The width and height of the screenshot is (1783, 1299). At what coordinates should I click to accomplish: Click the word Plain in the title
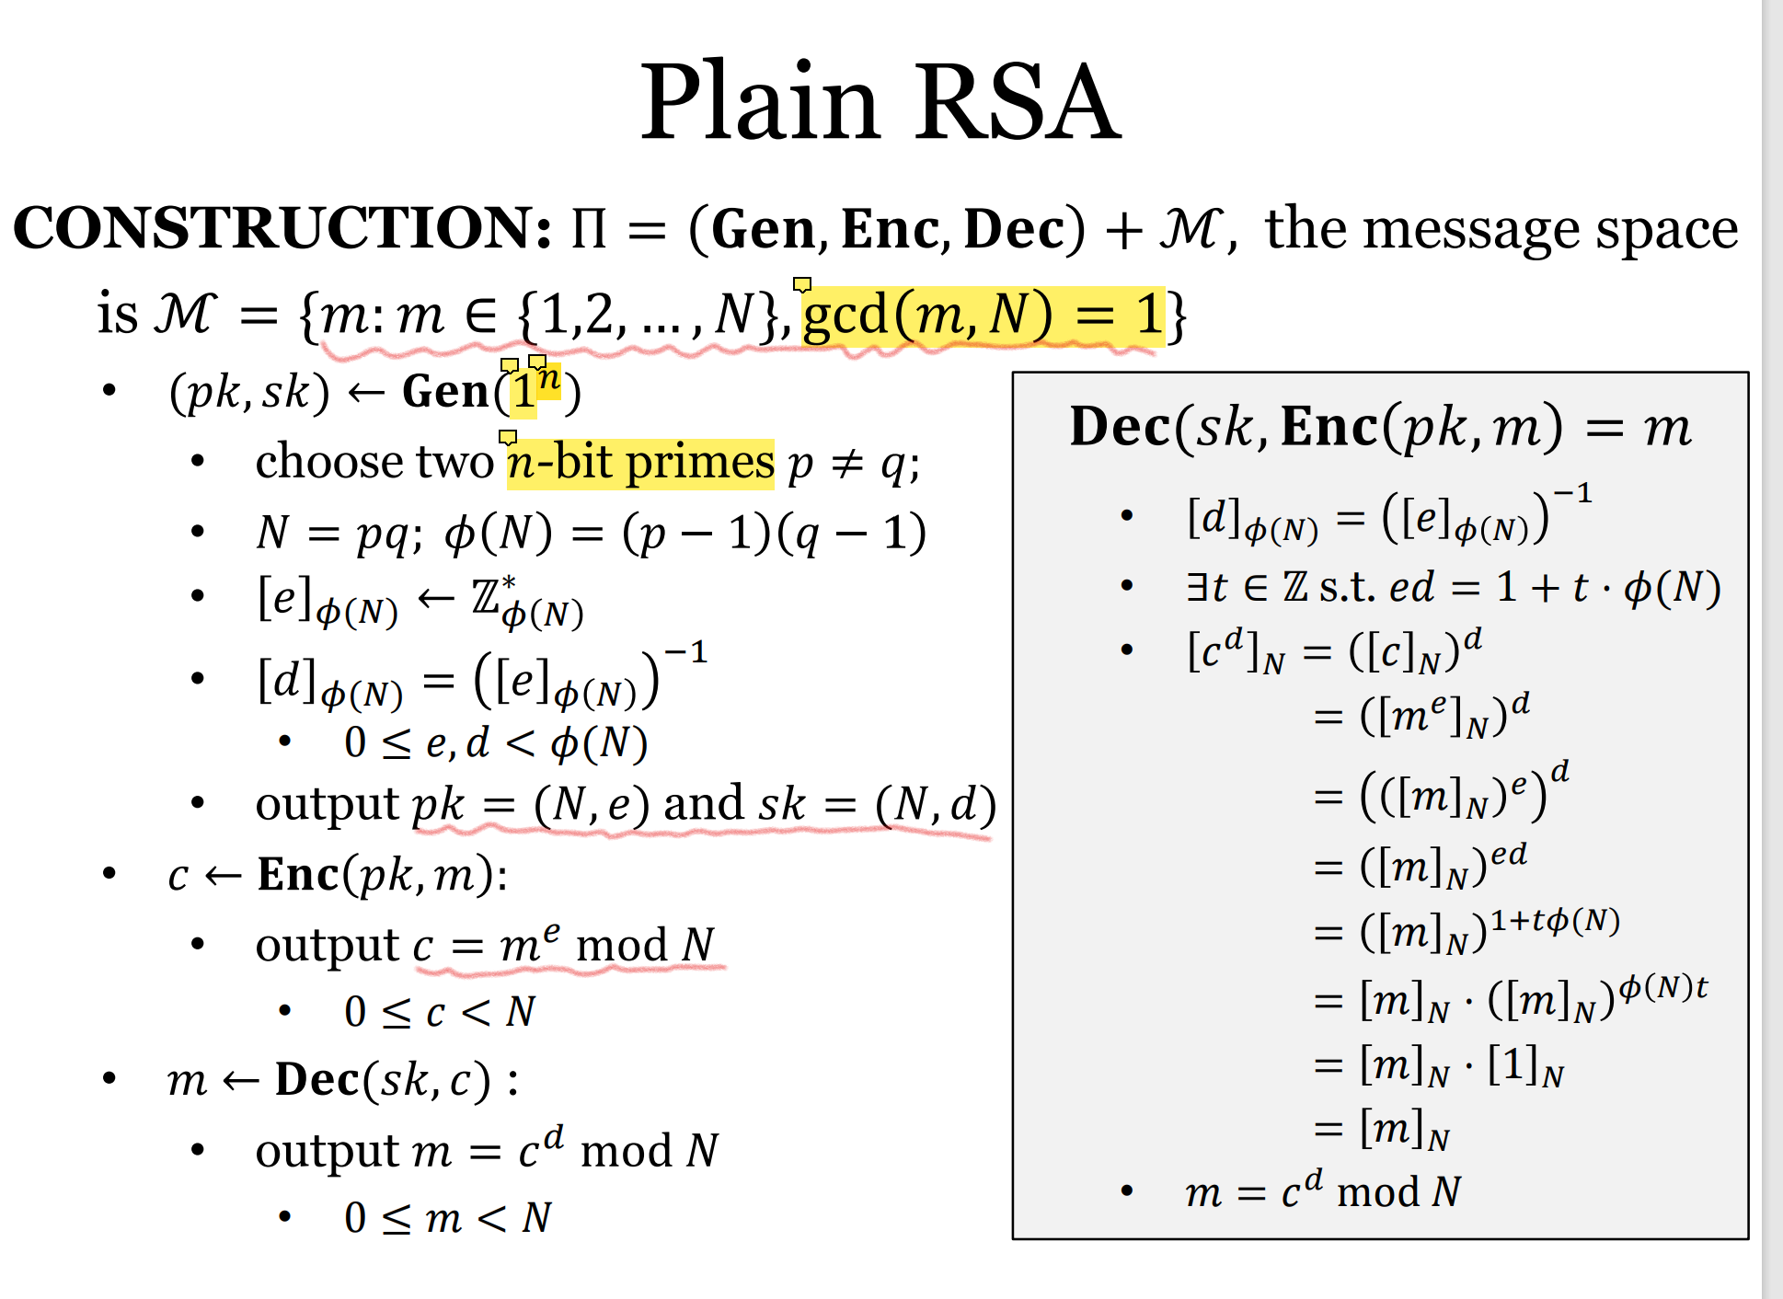pyautogui.click(x=759, y=103)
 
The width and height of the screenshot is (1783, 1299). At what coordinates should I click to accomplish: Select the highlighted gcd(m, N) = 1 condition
pyautogui.click(x=983, y=315)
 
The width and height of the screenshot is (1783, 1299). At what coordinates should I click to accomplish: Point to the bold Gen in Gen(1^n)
pyautogui.click(x=445, y=393)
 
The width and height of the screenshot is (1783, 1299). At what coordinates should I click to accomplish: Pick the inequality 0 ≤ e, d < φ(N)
pyautogui.click(x=496, y=743)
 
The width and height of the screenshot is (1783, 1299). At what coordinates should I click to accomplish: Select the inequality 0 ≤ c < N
pyautogui.click(x=440, y=1013)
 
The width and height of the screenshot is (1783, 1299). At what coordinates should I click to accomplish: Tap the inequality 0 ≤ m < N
pyautogui.click(x=447, y=1219)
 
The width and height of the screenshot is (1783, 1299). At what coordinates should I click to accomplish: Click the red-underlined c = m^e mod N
pyautogui.click(x=563, y=946)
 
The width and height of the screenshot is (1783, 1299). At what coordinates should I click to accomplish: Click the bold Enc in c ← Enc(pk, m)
pyautogui.click(x=298, y=875)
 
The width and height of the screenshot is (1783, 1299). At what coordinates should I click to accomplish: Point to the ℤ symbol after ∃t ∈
pyautogui.click(x=1295, y=587)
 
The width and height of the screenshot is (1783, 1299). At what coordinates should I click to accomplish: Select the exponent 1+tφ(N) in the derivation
pyautogui.click(x=1555, y=921)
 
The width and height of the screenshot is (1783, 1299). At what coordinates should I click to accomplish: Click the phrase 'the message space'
pyautogui.click(x=1501, y=229)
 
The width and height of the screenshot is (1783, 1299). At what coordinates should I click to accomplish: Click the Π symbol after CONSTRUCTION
pyautogui.click(x=589, y=229)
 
